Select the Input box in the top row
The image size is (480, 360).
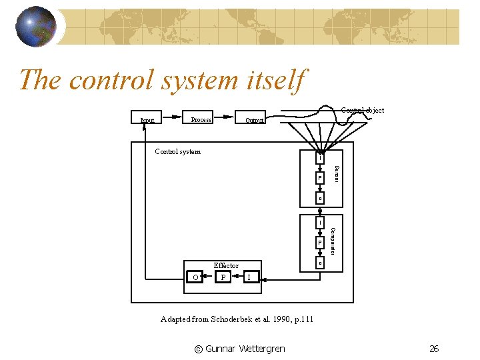click(x=147, y=121)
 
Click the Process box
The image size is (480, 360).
click(x=199, y=119)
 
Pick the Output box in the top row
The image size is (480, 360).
click(x=251, y=120)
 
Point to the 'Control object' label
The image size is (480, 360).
click(x=363, y=110)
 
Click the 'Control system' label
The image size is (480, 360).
click(x=177, y=151)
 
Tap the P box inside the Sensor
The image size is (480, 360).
click(x=319, y=179)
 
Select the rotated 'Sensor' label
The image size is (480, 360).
click(x=337, y=175)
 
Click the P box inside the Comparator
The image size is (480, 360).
click(x=319, y=243)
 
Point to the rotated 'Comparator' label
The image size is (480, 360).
click(x=333, y=241)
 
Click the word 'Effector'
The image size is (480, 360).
click(x=226, y=265)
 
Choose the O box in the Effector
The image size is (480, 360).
click(x=195, y=277)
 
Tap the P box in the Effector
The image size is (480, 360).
click(x=224, y=277)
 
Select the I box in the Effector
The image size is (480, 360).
click(x=249, y=277)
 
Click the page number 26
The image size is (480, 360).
click(x=434, y=348)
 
